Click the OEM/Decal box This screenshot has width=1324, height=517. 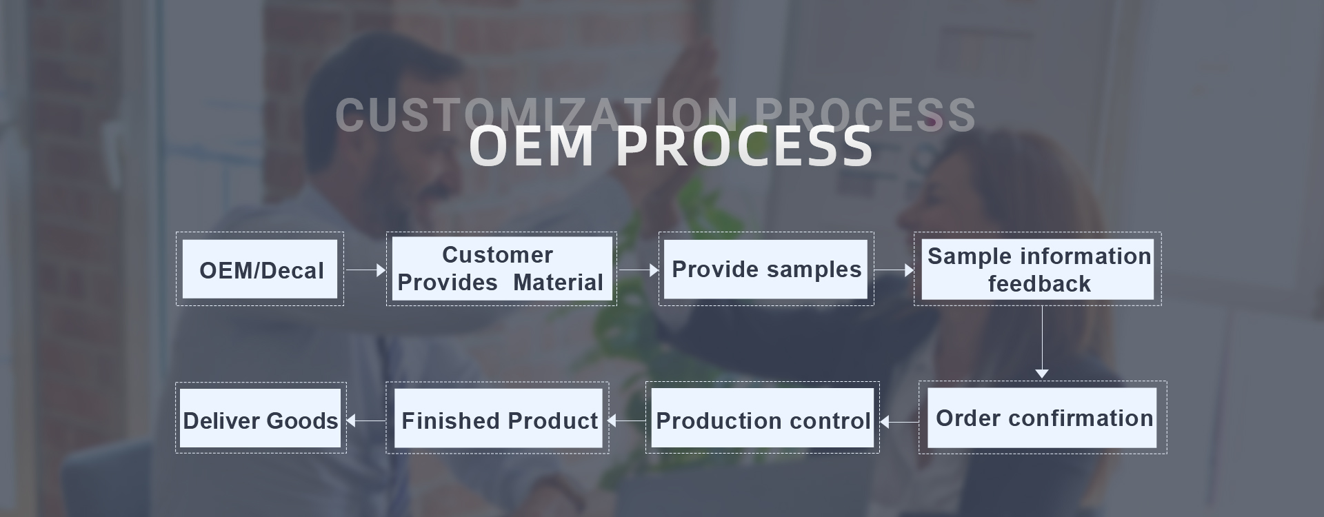260,269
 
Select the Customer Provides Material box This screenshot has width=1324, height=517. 501,269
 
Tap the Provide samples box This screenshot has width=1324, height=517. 766,269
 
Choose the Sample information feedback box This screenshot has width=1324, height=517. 1038,269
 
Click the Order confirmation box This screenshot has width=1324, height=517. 1043,417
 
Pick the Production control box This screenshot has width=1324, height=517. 763,417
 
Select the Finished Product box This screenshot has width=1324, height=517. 498,418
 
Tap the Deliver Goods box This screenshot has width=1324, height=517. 261,418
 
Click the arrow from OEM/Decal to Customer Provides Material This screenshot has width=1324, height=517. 365,270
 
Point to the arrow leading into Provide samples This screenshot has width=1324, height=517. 639,270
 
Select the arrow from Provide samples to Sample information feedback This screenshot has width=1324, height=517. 894,270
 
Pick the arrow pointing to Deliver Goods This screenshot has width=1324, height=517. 365,420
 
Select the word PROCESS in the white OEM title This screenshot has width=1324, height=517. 744,146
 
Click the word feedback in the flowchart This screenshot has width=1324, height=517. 1039,283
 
